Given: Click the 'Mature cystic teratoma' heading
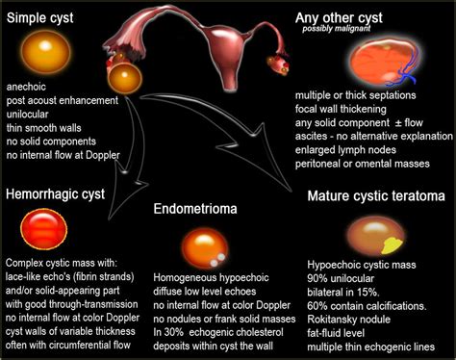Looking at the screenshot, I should [376, 196].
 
